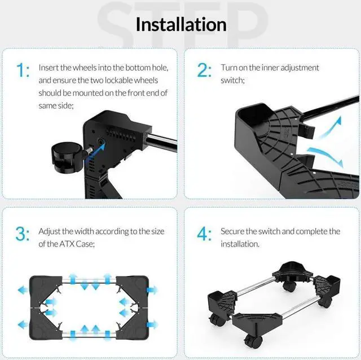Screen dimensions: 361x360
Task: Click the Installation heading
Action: pyautogui.click(x=181, y=24)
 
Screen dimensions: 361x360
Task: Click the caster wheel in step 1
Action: pyautogui.click(x=67, y=157)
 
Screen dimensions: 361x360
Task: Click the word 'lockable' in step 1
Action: pyautogui.click(x=119, y=80)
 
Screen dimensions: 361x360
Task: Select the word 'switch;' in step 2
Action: pyautogui.click(x=232, y=80)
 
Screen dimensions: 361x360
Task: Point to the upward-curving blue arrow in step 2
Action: pyautogui.click(x=329, y=128)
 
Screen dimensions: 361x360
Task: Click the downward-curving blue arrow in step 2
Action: pyautogui.click(x=326, y=156)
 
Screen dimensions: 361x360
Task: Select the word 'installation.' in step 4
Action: pyautogui.click(x=240, y=244)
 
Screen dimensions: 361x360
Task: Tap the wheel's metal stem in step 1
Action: pyautogui.click(x=89, y=151)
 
